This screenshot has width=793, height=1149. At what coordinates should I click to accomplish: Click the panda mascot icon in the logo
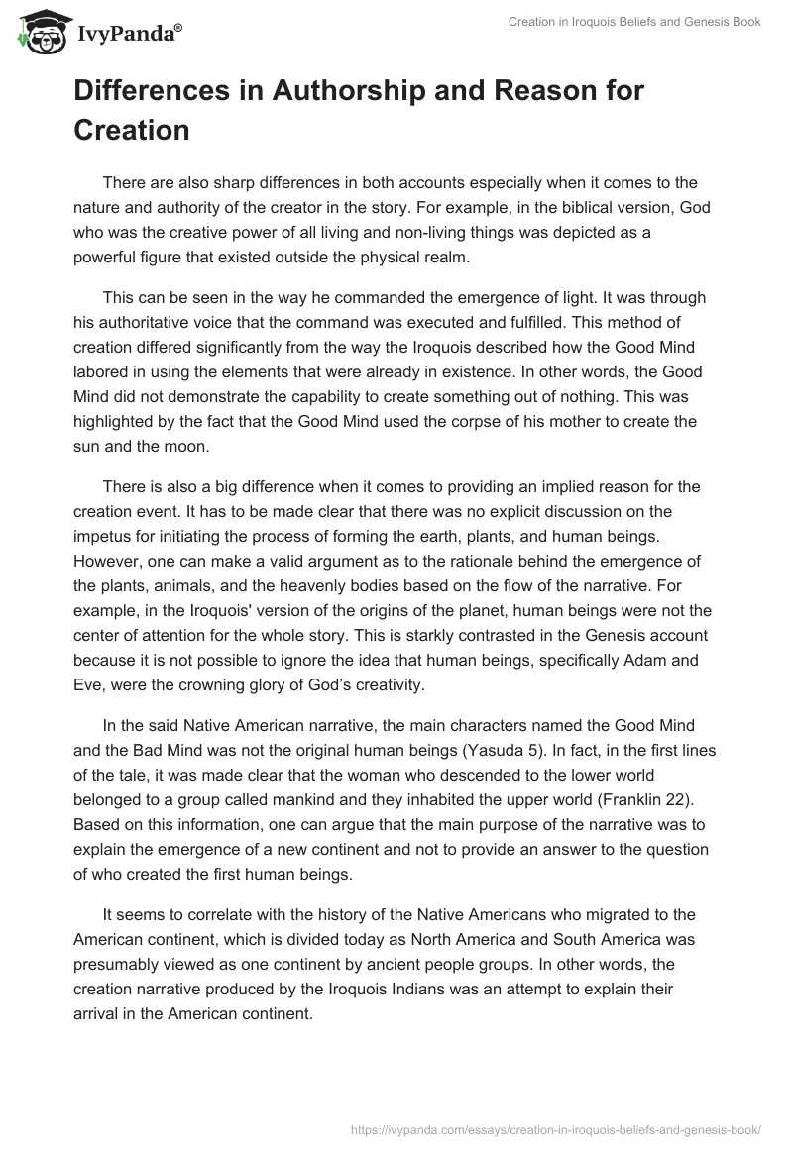point(37,32)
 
